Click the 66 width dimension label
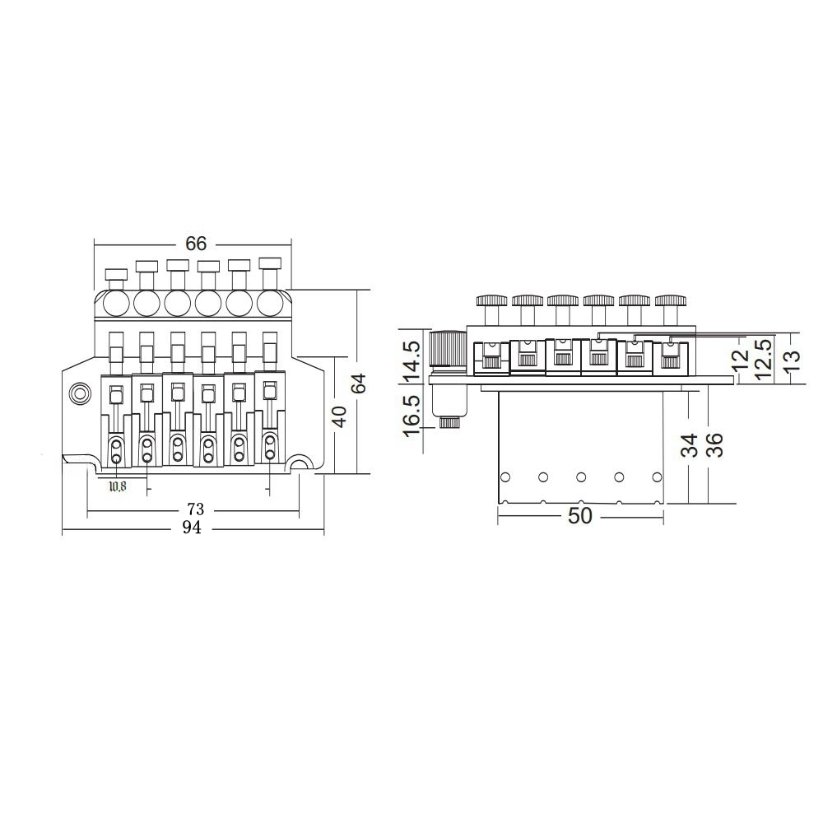[196, 244]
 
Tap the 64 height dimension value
[359, 384]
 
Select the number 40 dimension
[340, 416]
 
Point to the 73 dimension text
[195, 509]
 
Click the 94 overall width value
[192, 528]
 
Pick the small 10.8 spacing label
[118, 486]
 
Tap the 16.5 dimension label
[411, 416]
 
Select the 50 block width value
[580, 516]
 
